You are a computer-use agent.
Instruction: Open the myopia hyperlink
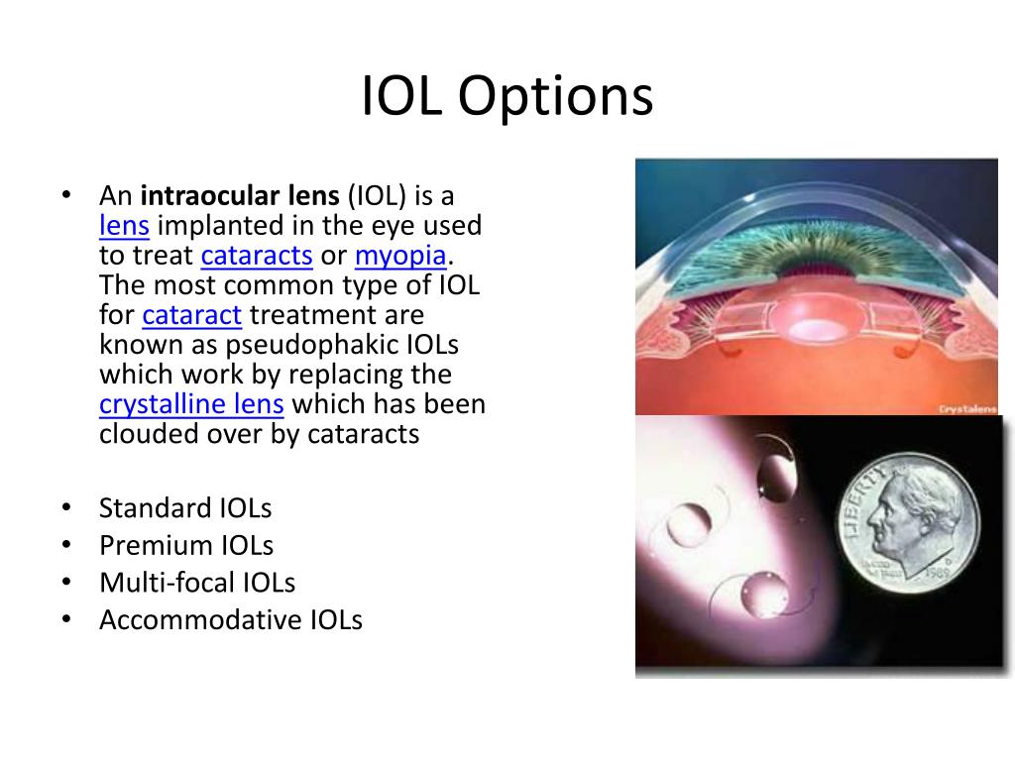(401, 256)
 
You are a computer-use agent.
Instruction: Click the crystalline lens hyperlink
(192, 404)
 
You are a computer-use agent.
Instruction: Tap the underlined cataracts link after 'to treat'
(257, 256)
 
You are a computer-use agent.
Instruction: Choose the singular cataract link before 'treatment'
(192, 315)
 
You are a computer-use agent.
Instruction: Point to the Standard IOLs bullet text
(185, 508)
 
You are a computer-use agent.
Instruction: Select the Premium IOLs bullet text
(186, 545)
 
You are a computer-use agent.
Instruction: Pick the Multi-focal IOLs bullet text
(197, 583)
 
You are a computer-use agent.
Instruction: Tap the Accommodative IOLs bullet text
(231, 620)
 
